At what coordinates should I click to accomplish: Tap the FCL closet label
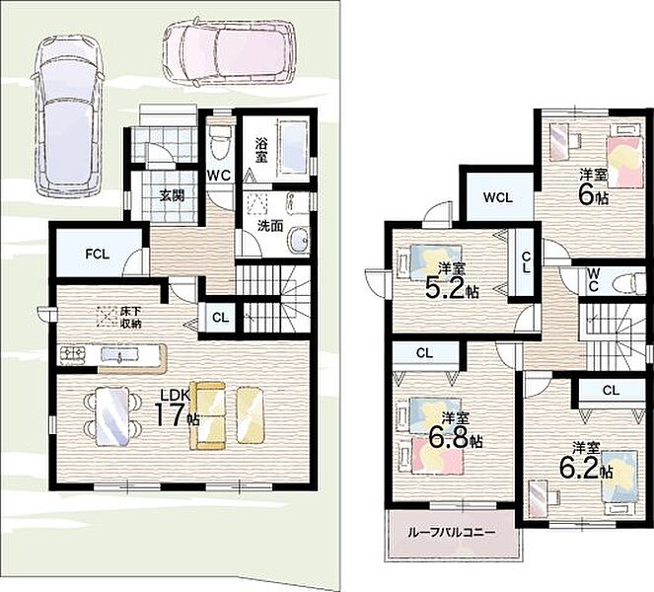(98, 255)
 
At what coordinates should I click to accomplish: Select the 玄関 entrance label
(172, 194)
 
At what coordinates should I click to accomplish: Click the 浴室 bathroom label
(261, 151)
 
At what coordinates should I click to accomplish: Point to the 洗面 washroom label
(270, 226)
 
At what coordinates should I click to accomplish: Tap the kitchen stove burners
(72, 355)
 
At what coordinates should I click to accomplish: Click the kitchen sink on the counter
(119, 355)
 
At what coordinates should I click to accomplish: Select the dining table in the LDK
(112, 416)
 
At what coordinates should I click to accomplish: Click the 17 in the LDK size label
(170, 414)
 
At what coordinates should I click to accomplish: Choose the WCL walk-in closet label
(497, 197)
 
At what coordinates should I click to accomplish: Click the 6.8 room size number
(450, 436)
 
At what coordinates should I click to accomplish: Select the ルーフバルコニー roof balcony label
(451, 533)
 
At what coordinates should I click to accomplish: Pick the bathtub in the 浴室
(294, 148)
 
